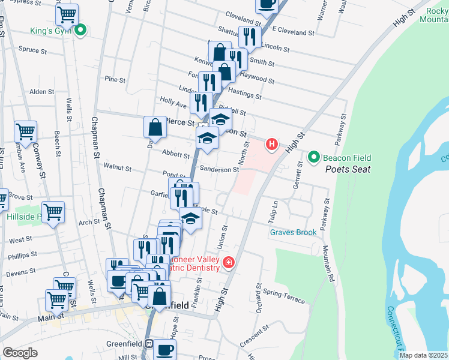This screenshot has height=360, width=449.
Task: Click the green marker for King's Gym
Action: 79,28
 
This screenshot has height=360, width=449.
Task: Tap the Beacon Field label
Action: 347,158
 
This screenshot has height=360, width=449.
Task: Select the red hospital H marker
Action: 272,144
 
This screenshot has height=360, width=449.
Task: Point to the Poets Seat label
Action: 348,169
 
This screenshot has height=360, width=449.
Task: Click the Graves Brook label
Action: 292,232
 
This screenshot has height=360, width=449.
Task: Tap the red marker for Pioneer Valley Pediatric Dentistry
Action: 228,263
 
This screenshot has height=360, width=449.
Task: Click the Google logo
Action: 20,353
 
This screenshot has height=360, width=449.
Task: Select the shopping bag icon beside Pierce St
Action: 155,127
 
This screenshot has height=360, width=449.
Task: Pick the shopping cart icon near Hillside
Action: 53,212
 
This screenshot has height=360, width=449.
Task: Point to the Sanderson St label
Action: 219,170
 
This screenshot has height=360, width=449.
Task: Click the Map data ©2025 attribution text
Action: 423,355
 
